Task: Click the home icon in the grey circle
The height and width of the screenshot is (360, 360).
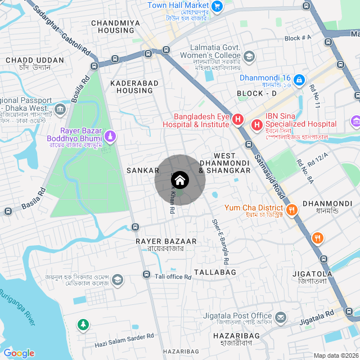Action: coord(180,180)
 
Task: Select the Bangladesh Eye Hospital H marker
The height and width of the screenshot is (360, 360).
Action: coord(238,120)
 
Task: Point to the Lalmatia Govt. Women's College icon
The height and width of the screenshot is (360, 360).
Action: coord(249,57)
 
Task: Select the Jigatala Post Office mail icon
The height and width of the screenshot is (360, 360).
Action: coord(280,319)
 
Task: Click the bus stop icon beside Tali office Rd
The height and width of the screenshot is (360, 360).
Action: coord(146,274)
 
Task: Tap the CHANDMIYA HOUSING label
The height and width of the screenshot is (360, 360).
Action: coord(116,27)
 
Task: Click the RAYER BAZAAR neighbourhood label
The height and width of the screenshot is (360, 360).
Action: coord(166,241)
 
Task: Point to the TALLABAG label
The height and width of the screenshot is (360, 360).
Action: coord(215,272)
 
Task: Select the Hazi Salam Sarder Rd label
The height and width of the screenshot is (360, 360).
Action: coord(124,336)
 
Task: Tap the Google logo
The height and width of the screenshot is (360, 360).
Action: coord(19,353)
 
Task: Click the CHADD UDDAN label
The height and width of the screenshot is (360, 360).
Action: coord(34,60)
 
